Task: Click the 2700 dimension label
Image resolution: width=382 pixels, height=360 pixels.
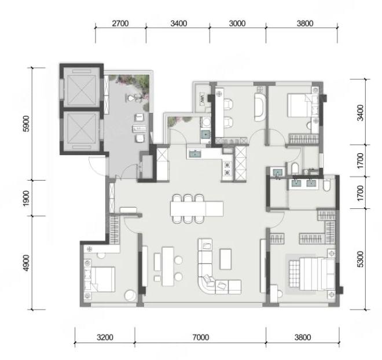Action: [x=120, y=23]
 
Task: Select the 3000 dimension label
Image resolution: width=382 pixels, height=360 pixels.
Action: [x=237, y=23]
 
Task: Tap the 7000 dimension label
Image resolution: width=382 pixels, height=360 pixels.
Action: [x=200, y=337]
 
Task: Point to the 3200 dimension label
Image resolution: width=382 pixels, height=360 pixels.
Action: [x=105, y=337]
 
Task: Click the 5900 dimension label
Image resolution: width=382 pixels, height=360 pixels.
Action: [x=26, y=124]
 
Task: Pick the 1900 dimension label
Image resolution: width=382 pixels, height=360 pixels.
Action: [x=26, y=199]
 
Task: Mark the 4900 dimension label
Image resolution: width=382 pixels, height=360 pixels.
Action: [x=26, y=263]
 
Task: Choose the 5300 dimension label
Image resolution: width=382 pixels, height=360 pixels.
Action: [x=360, y=259]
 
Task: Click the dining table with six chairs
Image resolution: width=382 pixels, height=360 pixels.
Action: [x=197, y=208]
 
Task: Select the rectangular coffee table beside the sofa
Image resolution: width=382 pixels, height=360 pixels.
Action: [x=225, y=259]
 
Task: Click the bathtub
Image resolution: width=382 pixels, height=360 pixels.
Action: [x=260, y=107]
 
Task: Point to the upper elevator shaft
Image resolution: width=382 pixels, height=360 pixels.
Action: [x=82, y=87]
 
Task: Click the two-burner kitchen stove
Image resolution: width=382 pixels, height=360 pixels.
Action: [x=227, y=169]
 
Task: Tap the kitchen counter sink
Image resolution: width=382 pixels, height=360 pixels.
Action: [x=194, y=154]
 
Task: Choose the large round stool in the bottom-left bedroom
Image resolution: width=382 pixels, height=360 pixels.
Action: [x=130, y=295]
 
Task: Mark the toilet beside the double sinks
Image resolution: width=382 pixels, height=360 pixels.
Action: [x=327, y=185]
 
